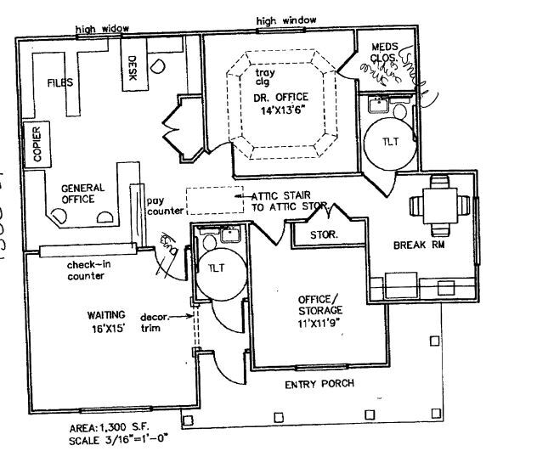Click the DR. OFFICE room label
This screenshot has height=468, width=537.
(x=280, y=98)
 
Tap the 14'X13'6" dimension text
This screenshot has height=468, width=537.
(x=280, y=110)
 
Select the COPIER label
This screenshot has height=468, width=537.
(x=37, y=144)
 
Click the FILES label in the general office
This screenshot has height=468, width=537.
(x=59, y=83)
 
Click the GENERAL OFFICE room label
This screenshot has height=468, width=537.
(x=82, y=193)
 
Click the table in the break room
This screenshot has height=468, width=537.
(x=438, y=205)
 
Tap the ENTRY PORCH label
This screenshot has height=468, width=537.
(x=319, y=384)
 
